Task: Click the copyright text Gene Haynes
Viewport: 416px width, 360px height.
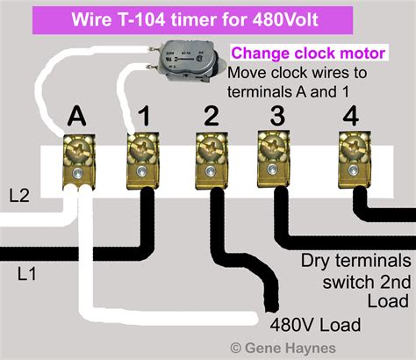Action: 289,348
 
